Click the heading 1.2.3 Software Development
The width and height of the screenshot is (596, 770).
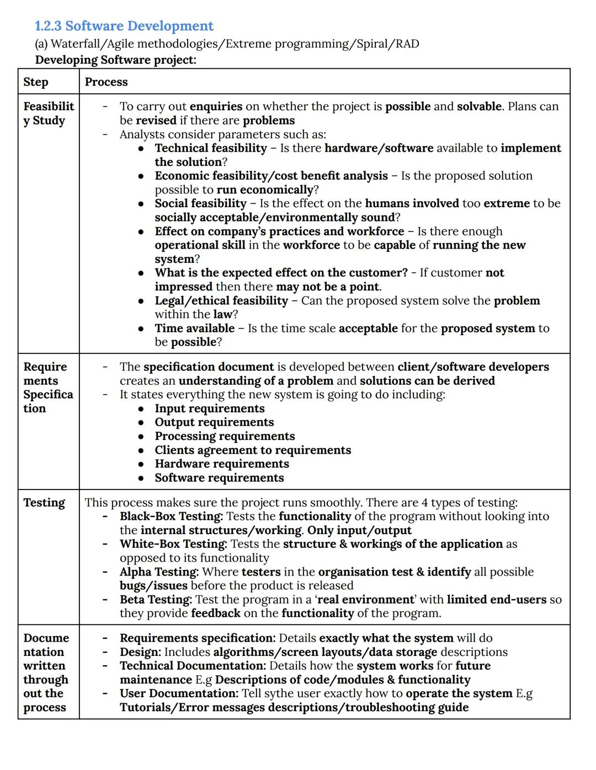pos(124,26)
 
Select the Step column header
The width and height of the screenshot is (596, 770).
pos(36,82)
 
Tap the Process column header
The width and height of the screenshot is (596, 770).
pos(106,82)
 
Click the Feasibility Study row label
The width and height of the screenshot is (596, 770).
pos(49,114)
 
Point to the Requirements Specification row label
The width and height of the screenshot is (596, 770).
pos(48,387)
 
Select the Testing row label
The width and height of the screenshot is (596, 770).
pos(44,503)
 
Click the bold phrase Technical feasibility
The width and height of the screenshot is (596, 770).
pos(211,148)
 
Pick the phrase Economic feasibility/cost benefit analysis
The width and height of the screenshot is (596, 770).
pos(271,176)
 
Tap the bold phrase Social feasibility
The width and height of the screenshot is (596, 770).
pos(200,203)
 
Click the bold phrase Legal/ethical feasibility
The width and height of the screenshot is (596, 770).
pos(221,300)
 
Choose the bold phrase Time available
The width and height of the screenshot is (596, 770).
pos(194,329)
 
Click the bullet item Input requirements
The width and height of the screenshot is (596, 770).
pos(209,408)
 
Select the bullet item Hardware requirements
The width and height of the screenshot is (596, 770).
pos(221,464)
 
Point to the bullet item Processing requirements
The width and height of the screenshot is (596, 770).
pos(225,436)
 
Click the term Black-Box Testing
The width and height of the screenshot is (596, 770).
pos(171,516)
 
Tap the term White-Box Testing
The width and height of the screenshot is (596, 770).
pos(173,544)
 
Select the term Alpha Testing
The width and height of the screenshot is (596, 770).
pos(159,572)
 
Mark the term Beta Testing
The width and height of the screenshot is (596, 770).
pos(156,600)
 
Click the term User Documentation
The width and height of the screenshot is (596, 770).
pos(179,693)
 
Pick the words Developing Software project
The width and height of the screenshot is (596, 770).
pos(115,60)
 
